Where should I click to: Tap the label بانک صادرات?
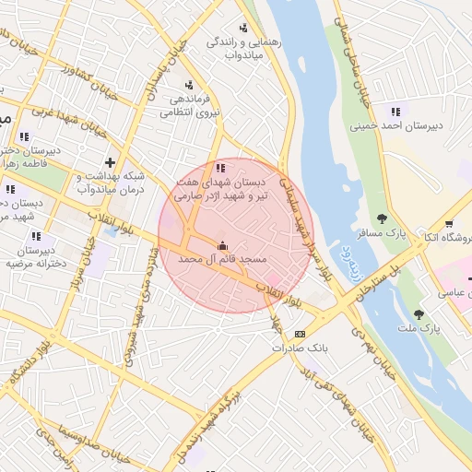coord(300,348)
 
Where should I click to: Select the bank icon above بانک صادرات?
coord(300,334)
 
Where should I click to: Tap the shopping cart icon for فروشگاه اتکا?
coord(449,223)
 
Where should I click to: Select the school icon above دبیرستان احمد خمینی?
coord(396,112)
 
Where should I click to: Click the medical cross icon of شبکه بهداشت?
coord(110,162)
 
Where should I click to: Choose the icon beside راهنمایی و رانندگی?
coord(243,28)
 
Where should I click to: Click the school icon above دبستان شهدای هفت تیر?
coord(219,168)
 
